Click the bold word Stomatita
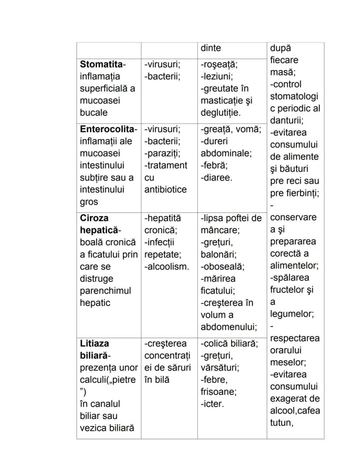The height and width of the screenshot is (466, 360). tap(101, 64)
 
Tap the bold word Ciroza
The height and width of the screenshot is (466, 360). tap(94, 218)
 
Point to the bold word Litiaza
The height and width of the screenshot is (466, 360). tap(94, 344)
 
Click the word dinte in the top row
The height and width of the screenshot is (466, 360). tap(210, 48)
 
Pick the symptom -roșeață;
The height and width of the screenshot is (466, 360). tap(219, 64)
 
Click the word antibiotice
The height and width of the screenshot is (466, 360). tap(165, 190)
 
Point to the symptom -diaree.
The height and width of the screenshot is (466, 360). tap(217, 178)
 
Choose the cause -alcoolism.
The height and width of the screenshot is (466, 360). tap(167, 267)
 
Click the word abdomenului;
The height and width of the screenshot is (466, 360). tap(229, 327)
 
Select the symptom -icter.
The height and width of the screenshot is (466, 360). tap(212, 404)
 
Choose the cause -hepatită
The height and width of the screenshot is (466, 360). tap(163, 218)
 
